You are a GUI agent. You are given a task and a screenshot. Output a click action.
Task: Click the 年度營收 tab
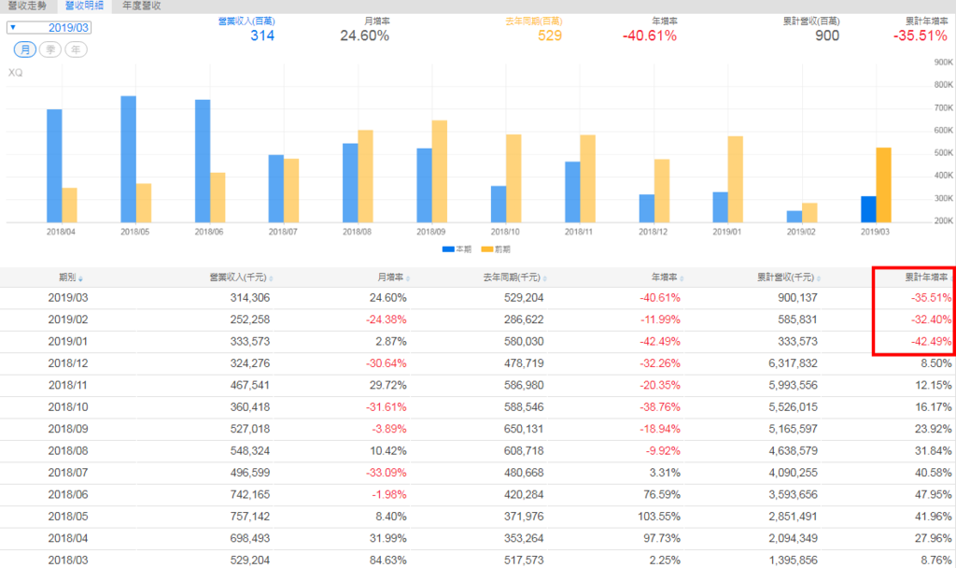tap(142, 6)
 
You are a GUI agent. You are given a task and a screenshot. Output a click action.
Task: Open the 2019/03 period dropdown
tap(48, 28)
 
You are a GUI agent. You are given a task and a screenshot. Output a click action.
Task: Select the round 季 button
tap(50, 50)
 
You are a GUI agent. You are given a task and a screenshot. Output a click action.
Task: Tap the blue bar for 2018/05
tap(128, 159)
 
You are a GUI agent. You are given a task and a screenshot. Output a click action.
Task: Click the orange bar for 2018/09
tap(439, 171)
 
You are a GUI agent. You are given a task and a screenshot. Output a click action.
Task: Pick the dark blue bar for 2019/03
tap(868, 209)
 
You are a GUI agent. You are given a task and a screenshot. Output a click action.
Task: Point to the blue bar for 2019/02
tap(794, 217)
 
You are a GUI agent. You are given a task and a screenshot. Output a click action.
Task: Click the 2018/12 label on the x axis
tap(655, 232)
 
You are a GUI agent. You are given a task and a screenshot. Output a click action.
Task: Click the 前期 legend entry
tap(501, 249)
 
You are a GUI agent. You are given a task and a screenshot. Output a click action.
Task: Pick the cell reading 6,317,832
tap(790, 362)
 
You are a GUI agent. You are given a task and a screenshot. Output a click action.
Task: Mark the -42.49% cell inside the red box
tap(929, 341)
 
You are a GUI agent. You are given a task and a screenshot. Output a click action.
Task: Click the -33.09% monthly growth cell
tap(384, 474)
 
